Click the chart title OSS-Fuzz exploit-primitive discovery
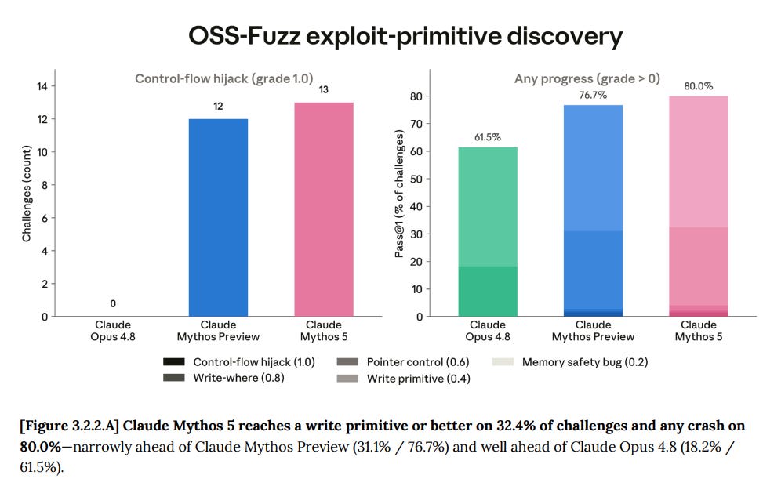click(x=405, y=37)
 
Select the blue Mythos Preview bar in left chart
click(x=218, y=217)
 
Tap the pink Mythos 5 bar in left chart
click(x=324, y=209)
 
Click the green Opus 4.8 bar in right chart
click(x=488, y=231)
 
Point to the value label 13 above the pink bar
click(x=324, y=89)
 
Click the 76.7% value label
click(x=593, y=95)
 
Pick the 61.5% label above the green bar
click(x=488, y=137)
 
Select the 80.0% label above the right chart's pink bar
click(x=698, y=86)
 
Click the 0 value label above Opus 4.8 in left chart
click(x=113, y=303)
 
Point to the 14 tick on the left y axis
click(x=42, y=86)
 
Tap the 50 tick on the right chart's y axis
click(x=416, y=179)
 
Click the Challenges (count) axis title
click(x=27, y=193)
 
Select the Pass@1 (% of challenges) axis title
click(x=399, y=194)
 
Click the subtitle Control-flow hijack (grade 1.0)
click(x=223, y=78)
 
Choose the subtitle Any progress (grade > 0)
click(x=587, y=78)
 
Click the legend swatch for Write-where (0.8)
click(x=174, y=378)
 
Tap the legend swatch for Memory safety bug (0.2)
click(x=503, y=361)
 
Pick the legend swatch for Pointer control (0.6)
click(x=347, y=361)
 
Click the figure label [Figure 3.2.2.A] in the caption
click(x=70, y=426)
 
